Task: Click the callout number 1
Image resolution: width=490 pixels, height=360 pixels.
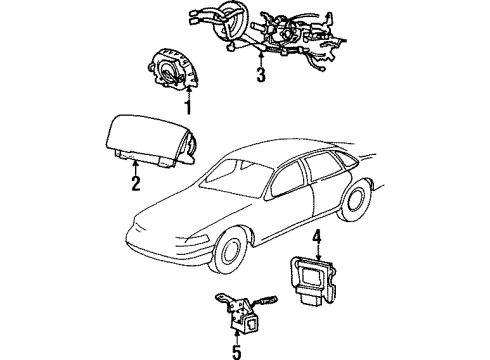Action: click(x=189, y=107)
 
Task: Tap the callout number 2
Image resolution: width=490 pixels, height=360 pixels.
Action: click(x=136, y=183)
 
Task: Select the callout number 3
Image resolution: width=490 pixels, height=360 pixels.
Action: click(x=261, y=75)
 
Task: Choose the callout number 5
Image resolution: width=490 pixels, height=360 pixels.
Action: click(x=236, y=352)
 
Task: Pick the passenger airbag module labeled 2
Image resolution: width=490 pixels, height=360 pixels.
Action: click(x=151, y=141)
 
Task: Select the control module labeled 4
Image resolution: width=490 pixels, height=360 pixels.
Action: click(x=312, y=280)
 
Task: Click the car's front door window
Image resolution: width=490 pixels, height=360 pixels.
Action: click(x=287, y=180)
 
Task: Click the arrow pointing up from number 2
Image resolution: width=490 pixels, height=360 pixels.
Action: click(x=135, y=168)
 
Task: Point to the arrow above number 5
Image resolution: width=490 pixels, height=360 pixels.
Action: click(x=236, y=336)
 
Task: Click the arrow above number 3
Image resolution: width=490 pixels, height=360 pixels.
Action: click(x=261, y=59)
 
